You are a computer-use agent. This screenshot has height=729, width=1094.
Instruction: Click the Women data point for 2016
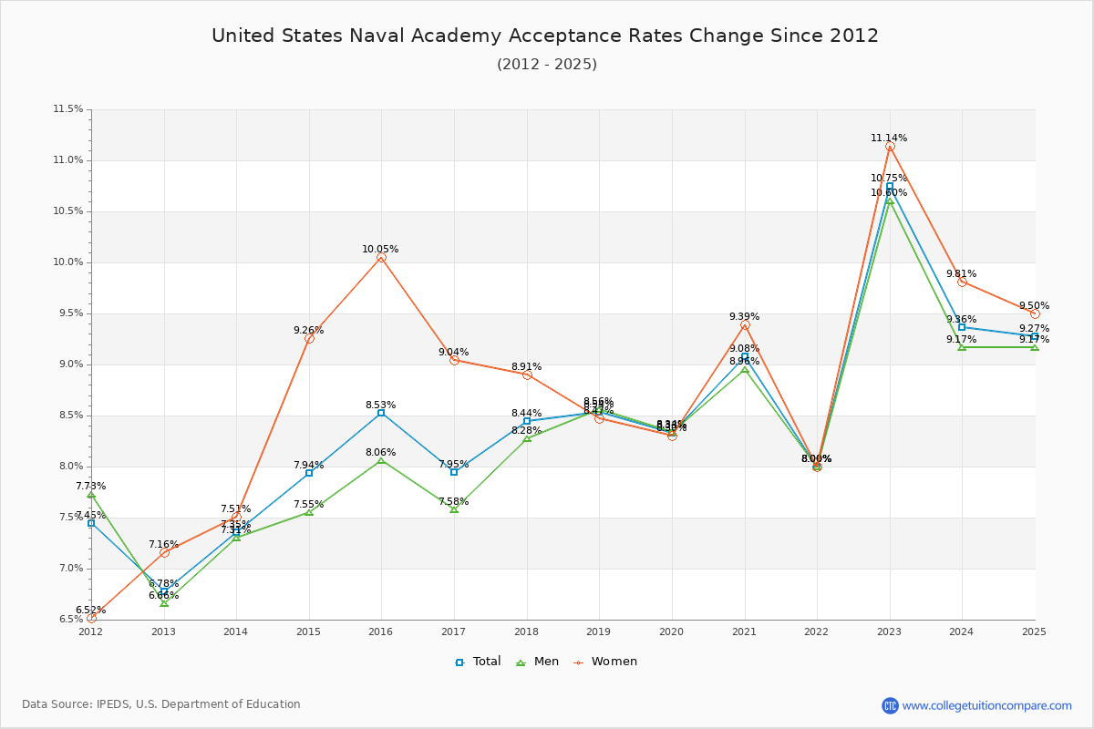pyautogui.click(x=381, y=258)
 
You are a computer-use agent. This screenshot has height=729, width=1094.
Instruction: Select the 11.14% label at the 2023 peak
pyautogui.click(x=889, y=139)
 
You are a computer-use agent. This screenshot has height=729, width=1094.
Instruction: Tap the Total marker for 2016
pyautogui.click(x=381, y=413)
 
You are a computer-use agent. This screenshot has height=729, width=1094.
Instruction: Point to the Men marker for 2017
pyautogui.click(x=454, y=508)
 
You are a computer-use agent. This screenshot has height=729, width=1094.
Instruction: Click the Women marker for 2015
pyautogui.click(x=309, y=338)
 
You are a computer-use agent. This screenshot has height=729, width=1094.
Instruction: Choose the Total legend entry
pyautogui.click(x=478, y=662)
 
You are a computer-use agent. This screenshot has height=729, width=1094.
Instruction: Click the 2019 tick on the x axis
pyautogui.click(x=598, y=631)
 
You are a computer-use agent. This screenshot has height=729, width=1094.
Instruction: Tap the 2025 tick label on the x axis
pyautogui.click(x=1034, y=631)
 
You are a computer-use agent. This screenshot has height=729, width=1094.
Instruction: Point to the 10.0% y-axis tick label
pyautogui.click(x=67, y=262)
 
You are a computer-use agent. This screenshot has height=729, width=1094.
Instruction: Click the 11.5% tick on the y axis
pyautogui.click(x=67, y=109)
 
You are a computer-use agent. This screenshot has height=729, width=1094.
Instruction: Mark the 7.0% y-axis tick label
pyautogui.click(x=70, y=569)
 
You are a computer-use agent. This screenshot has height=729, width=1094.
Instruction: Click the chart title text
pyautogui.click(x=545, y=36)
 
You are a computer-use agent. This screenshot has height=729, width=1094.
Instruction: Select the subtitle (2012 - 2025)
pyautogui.click(x=547, y=65)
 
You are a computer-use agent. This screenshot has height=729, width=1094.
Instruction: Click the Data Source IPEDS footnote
pyautogui.click(x=161, y=704)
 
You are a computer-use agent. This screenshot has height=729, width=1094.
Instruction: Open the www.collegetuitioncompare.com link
pyautogui.click(x=986, y=705)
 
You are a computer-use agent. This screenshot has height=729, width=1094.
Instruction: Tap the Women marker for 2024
pyautogui.click(x=962, y=282)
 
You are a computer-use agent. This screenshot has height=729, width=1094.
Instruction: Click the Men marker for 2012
pyautogui.click(x=91, y=494)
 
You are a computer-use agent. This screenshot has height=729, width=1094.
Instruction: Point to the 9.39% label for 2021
pyautogui.click(x=744, y=317)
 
